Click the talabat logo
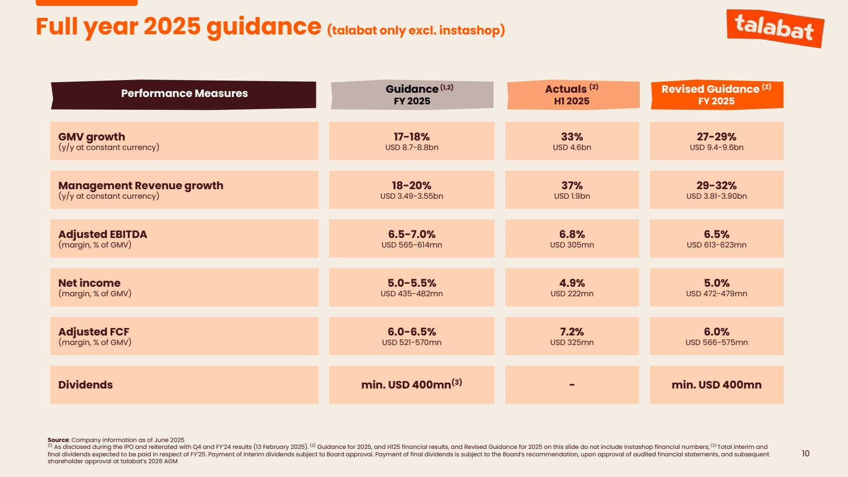[774, 28]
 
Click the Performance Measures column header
[184, 94]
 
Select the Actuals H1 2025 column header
[572, 95]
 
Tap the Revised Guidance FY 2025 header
[716, 95]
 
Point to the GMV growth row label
[92, 137]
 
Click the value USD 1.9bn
[572, 196]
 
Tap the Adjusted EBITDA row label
[103, 235]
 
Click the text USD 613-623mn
[716, 245]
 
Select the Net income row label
[90, 284]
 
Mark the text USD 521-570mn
[411, 342]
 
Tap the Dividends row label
[85, 385]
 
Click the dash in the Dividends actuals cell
[572, 385]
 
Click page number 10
[806, 454]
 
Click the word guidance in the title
[263, 28]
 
